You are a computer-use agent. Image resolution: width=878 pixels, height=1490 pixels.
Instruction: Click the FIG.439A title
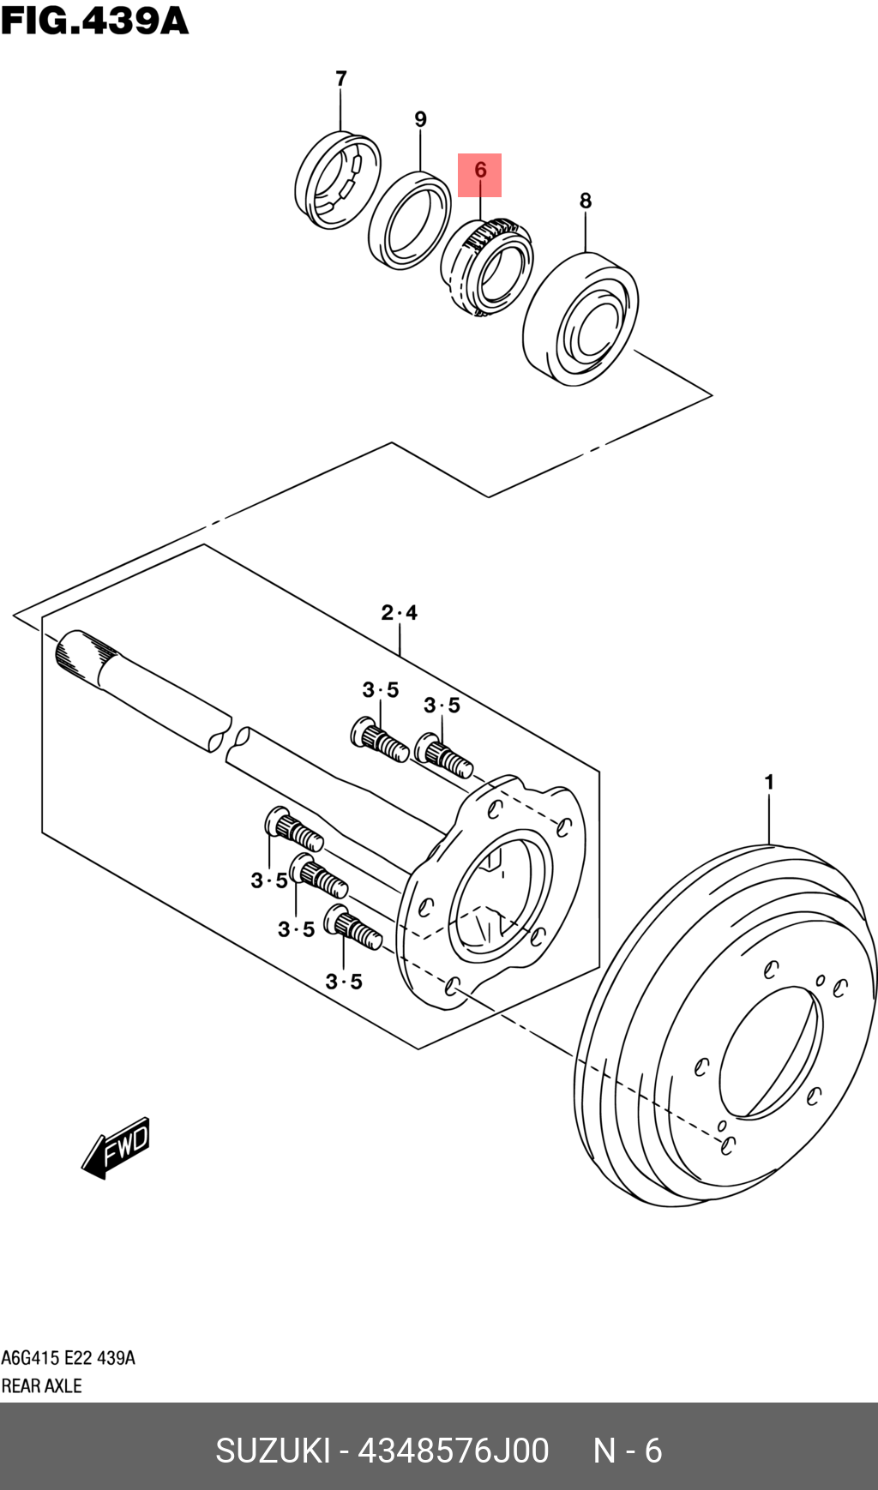94,21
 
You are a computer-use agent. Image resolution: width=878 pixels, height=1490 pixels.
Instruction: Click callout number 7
341,79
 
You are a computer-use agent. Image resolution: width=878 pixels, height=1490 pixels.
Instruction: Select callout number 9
420,119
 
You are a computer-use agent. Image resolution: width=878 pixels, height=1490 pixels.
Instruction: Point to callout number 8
586,201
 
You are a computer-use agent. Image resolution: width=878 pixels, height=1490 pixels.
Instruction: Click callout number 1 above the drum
769,782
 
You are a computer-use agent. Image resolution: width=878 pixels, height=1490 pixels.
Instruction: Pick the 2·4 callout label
400,613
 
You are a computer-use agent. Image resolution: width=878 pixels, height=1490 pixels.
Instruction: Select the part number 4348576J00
453,1451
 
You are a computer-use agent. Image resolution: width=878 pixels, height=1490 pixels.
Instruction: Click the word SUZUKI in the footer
273,1451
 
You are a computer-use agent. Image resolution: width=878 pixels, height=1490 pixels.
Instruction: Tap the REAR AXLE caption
41,1385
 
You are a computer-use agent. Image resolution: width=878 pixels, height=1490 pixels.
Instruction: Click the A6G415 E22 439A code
68,1358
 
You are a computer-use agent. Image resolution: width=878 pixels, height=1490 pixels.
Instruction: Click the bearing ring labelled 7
337,180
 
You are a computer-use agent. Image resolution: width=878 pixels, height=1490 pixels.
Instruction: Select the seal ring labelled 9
409,220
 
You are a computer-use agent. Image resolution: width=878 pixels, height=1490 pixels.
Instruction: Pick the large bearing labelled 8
580,318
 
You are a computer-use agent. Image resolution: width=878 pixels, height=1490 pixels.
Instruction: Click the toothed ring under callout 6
487,266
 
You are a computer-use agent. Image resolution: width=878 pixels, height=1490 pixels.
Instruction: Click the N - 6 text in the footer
628,1451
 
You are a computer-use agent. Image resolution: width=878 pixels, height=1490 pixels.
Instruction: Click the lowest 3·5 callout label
344,982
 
